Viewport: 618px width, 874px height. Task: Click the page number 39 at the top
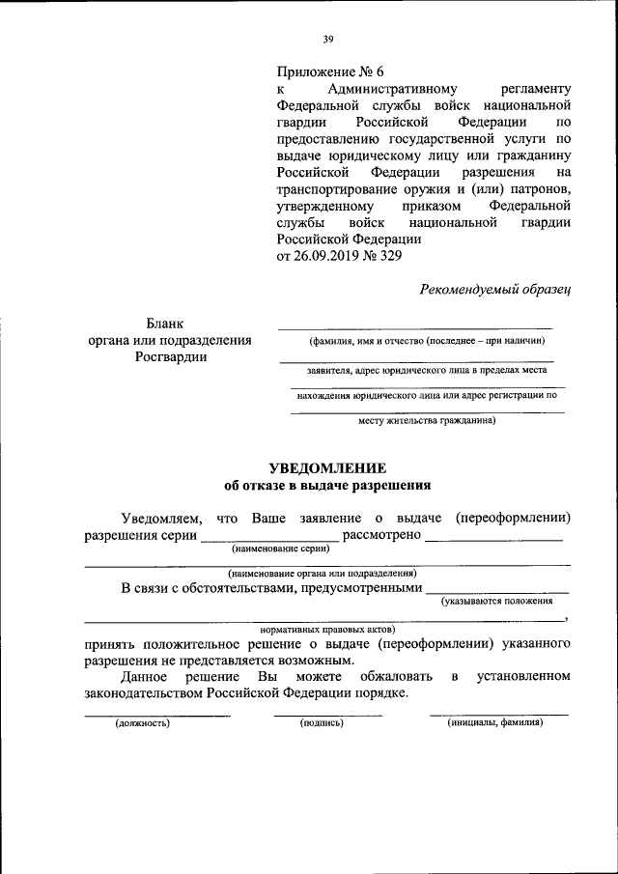click(328, 40)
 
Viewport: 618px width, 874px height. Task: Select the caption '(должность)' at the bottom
click(142, 722)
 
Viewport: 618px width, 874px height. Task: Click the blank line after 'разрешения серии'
click(270, 534)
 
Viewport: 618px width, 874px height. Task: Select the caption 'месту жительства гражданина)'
click(426, 420)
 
